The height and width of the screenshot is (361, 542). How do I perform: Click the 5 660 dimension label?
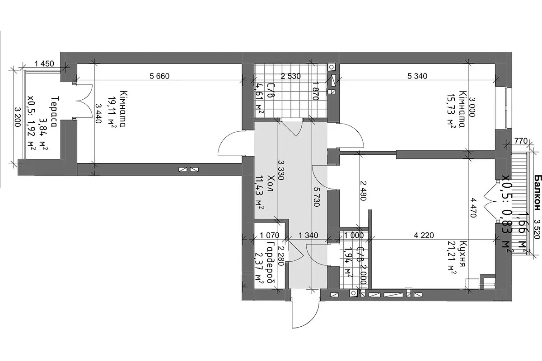159,76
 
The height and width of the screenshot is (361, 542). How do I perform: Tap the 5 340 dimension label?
417,76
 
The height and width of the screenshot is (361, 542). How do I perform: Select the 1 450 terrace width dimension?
44,64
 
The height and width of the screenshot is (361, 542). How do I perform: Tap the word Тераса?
56,112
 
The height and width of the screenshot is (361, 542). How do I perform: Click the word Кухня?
461,254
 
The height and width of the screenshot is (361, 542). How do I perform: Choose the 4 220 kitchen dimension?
424,235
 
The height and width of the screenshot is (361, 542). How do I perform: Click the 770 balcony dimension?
521,141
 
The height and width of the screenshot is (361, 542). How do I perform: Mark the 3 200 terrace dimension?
18,117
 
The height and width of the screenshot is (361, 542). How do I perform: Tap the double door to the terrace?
84,101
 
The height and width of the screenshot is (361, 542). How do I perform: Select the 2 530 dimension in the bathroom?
290,76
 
